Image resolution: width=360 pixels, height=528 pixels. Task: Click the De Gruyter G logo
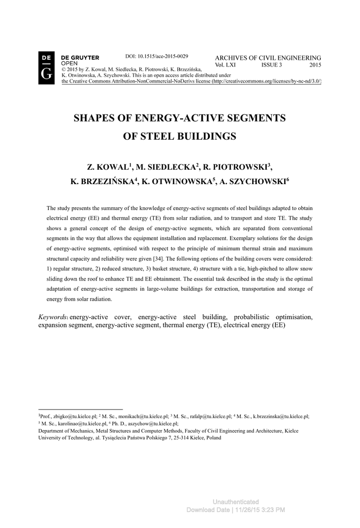point(46,69)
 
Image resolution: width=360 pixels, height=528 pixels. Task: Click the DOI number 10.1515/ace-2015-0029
point(157,56)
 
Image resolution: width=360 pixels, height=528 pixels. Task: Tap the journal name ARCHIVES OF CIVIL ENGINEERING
point(268,58)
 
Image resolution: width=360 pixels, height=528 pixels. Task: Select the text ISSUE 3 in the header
point(271,65)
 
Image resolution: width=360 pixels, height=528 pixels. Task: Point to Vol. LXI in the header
point(225,65)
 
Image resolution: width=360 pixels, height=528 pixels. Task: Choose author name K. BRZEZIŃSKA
point(104,181)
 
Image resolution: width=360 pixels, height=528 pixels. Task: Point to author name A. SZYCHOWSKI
point(253,181)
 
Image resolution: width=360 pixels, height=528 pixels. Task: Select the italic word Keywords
point(53,317)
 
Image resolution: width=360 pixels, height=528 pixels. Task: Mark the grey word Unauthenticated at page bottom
point(235,502)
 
